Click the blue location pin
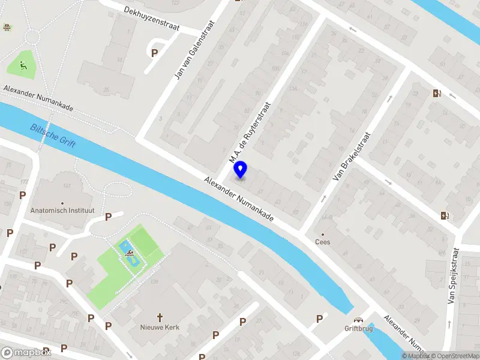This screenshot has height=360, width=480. [x=241, y=169]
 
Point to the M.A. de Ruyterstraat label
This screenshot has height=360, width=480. [x=250, y=133]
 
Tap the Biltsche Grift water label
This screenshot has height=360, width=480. [x=53, y=134]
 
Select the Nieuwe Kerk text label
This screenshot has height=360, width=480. [x=160, y=327]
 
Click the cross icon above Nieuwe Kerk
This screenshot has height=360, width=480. [x=160, y=317]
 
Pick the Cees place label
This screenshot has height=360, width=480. [x=323, y=242]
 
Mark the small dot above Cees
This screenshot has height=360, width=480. [x=323, y=234]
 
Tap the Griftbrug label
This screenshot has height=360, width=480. [x=358, y=329]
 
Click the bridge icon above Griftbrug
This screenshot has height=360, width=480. [x=358, y=320]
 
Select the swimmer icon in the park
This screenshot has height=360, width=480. [x=130, y=254]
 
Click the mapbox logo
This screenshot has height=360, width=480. [x=26, y=352]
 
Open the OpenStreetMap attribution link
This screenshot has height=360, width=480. [x=454, y=356]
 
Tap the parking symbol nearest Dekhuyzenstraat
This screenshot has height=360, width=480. [x=155, y=53]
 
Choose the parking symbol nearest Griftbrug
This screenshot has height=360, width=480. [x=319, y=319]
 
